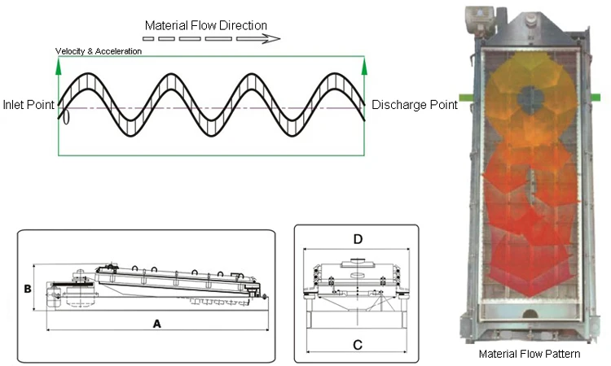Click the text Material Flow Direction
tap(205, 25)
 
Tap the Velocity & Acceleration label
tap(98, 51)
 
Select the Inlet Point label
tap(29, 105)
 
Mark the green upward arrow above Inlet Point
tap(59, 68)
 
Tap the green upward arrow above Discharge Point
tap(364, 68)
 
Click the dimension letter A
tap(158, 323)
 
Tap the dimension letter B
tap(27, 289)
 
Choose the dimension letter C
tap(357, 344)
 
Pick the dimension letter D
tap(357, 239)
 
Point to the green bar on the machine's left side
tap(466, 98)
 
